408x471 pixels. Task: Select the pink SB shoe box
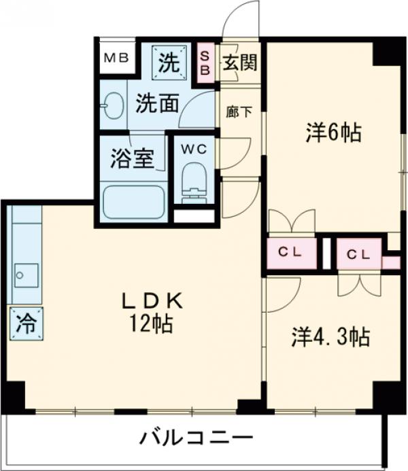point(205,64)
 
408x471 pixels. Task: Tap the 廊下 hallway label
point(239,113)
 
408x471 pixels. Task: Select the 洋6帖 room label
point(333,133)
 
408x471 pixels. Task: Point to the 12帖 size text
point(152,324)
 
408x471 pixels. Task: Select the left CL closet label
point(292,251)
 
